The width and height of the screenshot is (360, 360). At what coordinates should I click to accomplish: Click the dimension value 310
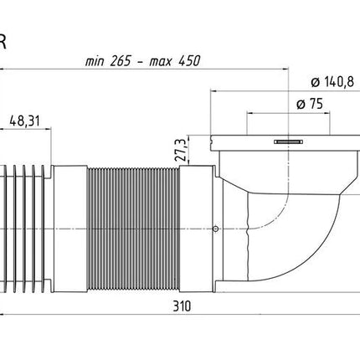182,306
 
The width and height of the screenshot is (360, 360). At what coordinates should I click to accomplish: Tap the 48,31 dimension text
24,121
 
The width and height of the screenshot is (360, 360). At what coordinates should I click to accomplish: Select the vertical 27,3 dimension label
181,151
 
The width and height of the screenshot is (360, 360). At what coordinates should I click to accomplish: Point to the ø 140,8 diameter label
332,82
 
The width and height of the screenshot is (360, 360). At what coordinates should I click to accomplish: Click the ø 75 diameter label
310,104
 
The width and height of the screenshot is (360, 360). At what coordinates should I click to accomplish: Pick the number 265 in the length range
121,61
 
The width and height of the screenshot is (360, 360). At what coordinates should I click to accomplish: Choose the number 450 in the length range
190,61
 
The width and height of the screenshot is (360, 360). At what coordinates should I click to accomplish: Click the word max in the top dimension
161,62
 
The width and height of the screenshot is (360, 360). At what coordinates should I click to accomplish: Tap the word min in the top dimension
95,61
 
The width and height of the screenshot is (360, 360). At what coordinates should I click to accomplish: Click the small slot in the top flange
288,142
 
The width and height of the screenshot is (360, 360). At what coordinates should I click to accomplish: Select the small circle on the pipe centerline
215,229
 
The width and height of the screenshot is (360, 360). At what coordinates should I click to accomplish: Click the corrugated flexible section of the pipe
133,229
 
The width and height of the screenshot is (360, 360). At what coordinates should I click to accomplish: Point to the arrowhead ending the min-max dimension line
285,69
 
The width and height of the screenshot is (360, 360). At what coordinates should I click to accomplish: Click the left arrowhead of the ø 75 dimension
250,113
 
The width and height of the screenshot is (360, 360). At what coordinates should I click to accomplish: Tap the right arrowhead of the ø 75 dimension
327,113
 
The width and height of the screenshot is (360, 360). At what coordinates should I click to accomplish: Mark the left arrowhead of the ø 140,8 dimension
213,91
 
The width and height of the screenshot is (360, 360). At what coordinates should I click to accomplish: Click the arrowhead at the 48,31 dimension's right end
49,129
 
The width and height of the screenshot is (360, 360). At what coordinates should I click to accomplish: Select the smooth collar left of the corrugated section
69,229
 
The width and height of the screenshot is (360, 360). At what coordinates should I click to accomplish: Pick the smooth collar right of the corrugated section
196,229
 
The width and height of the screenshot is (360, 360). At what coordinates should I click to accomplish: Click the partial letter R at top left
3,42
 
